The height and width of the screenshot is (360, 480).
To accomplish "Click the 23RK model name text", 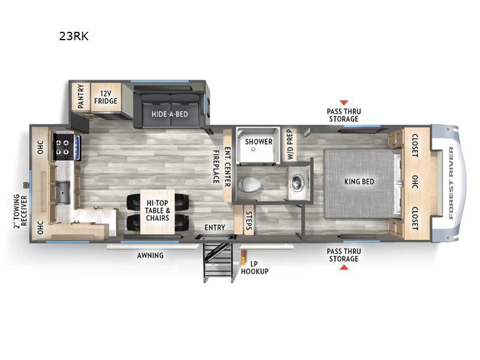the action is (74, 36).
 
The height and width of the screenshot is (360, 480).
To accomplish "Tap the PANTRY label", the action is (81, 97).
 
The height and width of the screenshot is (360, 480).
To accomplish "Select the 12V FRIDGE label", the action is (106, 97).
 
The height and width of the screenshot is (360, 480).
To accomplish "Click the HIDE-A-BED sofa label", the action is (170, 114).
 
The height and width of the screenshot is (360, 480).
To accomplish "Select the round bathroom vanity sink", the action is (296, 182).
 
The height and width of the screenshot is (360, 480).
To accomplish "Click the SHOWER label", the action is (259, 142).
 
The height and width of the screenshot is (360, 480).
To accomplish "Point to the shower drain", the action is (253, 149).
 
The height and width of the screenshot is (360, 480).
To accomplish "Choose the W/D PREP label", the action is (290, 145).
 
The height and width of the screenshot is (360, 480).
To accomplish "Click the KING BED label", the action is (359, 182).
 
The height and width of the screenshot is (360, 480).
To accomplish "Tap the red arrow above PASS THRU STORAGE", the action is (344, 103).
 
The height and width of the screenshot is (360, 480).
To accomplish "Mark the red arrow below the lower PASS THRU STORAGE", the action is (344, 268).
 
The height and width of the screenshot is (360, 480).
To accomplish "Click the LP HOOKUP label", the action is (254, 268).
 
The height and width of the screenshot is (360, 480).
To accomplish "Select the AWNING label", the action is (151, 256).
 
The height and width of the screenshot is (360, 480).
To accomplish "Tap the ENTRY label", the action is (215, 227).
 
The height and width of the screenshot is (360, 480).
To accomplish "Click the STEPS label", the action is (249, 220).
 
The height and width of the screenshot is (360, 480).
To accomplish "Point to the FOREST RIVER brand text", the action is (451, 183).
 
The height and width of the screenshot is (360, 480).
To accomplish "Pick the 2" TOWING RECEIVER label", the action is (20, 211).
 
